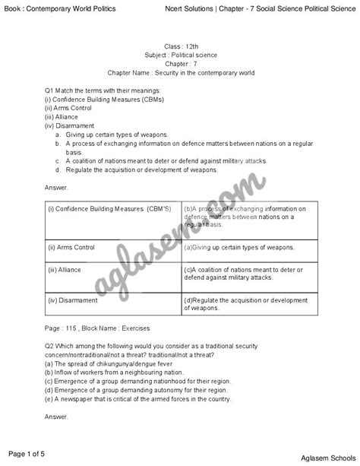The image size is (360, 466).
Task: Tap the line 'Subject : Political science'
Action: tap(180, 55)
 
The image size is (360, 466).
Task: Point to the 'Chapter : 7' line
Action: tap(180, 64)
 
